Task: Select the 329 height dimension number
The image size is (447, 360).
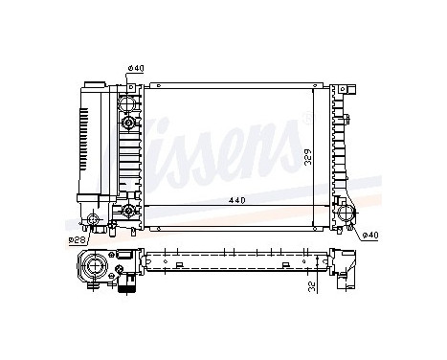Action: pyautogui.click(x=307, y=158)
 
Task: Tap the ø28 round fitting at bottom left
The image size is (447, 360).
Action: pyautogui.click(x=95, y=223)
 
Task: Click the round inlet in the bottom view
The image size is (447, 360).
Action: pyautogui.click(x=95, y=264)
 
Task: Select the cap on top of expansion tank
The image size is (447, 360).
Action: pyautogui.click(x=93, y=86)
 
